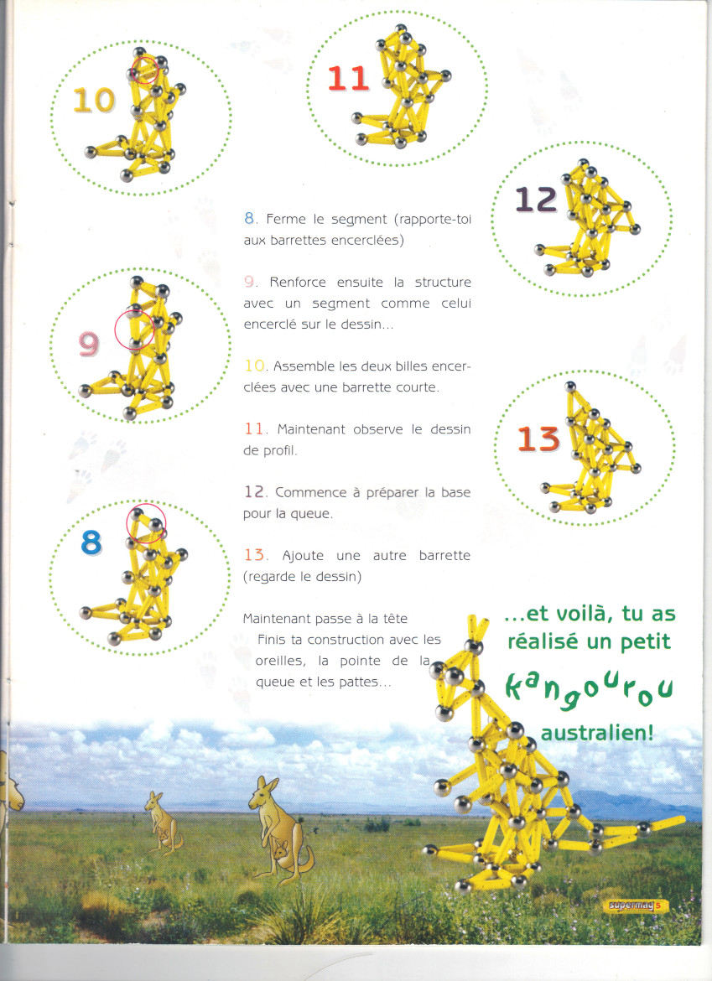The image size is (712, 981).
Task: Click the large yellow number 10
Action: [94, 100]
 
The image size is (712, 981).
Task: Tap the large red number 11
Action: [348, 79]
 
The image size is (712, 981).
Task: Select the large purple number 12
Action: [536, 200]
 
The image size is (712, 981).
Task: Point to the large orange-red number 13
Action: [538, 439]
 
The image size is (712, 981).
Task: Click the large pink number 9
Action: [90, 343]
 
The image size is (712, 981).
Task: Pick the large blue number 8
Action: [91, 543]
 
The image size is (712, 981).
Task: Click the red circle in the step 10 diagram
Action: [147, 70]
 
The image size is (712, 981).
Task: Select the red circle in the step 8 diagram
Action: [146, 524]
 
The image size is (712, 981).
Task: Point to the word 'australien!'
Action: [596, 733]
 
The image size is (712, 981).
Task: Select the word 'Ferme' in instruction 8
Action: [283, 220]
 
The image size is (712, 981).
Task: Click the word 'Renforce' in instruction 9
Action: [299, 283]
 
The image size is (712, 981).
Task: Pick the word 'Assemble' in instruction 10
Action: [304, 366]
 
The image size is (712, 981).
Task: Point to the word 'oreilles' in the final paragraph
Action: [283, 662]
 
